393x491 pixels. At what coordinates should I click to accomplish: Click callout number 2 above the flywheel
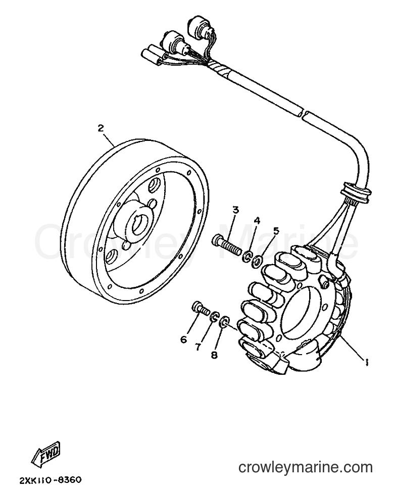click(101, 128)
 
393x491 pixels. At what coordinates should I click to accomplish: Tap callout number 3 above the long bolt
click(235, 210)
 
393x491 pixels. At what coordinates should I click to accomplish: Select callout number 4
click(257, 220)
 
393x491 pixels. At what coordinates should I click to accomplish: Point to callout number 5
click(276, 231)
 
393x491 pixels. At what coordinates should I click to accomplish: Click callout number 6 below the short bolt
click(183, 339)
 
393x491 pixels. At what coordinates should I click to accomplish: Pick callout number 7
click(198, 347)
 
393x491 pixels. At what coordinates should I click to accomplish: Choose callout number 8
click(214, 355)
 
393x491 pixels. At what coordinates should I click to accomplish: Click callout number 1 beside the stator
click(365, 363)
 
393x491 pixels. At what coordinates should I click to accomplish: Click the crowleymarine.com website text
click(305, 468)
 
